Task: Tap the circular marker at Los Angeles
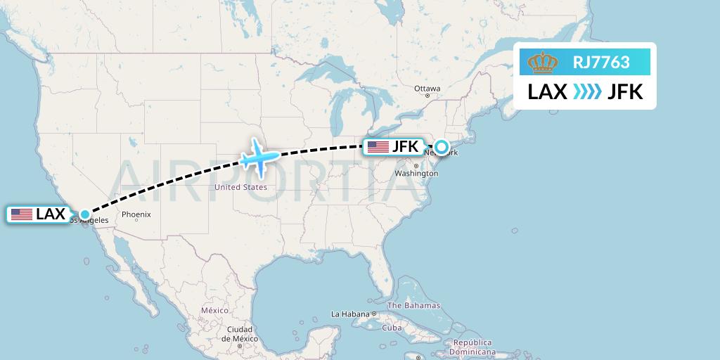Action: tap(85, 214)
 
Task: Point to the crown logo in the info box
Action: tap(543, 63)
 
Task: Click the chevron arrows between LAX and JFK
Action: tap(587, 92)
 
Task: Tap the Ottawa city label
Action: tap(427, 89)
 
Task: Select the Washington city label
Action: tap(416, 173)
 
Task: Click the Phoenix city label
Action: tap(136, 214)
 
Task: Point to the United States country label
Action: tap(240, 187)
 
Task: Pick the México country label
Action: tap(214, 310)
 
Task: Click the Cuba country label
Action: tap(391, 328)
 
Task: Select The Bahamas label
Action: tap(413, 306)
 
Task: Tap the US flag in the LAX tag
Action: tap(22, 214)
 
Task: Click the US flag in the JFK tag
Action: tap(378, 147)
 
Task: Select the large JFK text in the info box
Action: tap(625, 92)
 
